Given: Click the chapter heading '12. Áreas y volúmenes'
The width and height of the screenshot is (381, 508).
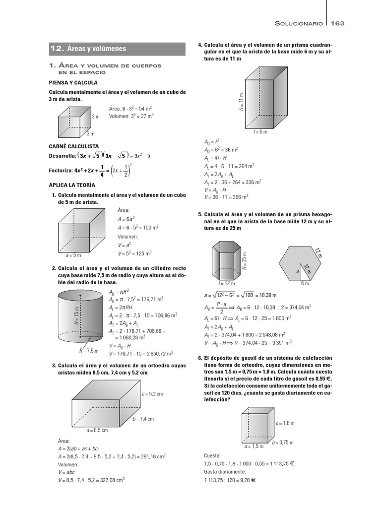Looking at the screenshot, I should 88,49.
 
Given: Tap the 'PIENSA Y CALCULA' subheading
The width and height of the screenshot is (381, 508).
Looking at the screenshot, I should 73,82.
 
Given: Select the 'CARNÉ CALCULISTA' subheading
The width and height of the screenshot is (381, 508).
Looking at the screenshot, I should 73,146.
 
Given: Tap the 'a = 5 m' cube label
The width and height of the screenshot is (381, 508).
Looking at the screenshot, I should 73,255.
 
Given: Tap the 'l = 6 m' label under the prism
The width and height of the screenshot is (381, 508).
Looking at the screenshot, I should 260,132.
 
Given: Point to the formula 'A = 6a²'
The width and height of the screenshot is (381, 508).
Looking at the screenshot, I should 126,219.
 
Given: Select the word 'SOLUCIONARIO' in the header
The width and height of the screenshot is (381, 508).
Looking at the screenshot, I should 299,23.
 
